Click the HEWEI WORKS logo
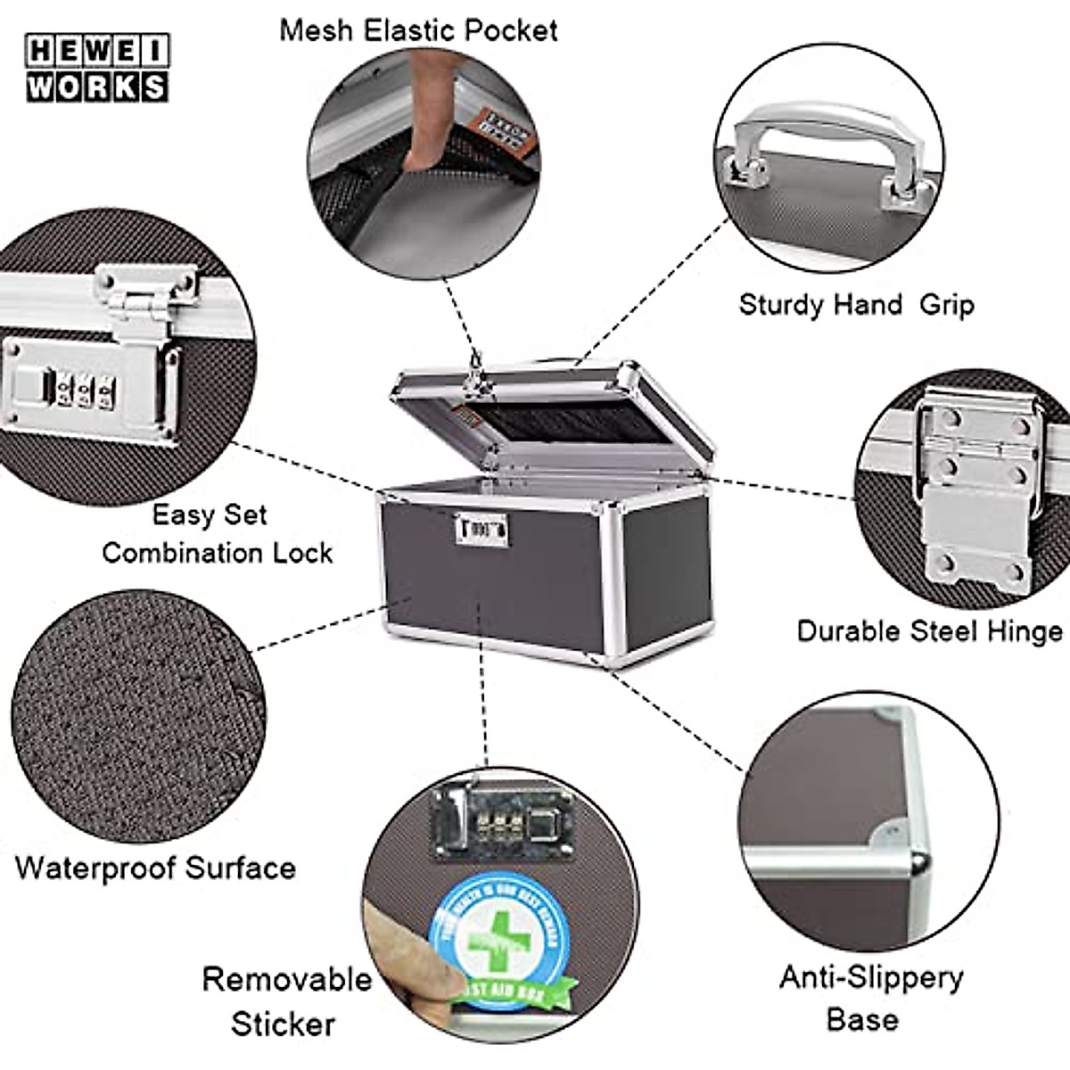pos(96,68)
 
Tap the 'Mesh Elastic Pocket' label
pos(418,30)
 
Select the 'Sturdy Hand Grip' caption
pos(856,305)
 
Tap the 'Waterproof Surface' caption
pos(155,868)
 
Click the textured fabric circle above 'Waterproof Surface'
pos(138,713)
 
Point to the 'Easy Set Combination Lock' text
pos(216,533)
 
